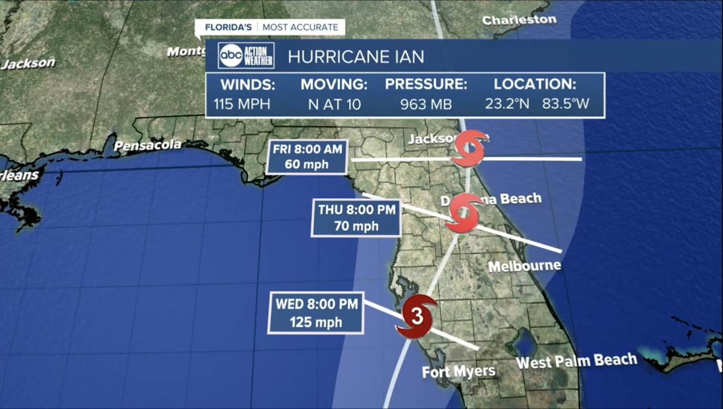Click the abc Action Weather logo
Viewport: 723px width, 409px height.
pos(246,55)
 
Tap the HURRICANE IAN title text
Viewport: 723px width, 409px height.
pos(355,57)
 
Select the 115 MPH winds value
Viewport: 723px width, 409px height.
pos(242,104)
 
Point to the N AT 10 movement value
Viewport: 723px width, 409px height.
pos(334,104)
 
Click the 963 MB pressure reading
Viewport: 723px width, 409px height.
pos(426,104)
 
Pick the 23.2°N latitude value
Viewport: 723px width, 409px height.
pos(507,104)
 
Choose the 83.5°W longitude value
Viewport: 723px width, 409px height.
pos(565,104)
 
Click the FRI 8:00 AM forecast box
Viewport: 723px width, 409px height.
pos(307,157)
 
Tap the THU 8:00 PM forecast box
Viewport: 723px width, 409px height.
pos(356,218)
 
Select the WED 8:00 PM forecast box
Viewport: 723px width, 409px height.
pos(315,313)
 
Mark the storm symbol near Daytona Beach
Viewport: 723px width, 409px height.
pos(463,213)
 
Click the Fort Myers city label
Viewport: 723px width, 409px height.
pos(459,372)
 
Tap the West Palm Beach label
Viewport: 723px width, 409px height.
pos(576,361)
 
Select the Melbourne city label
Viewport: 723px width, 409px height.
pos(524,266)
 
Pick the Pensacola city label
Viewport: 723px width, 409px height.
pos(148,145)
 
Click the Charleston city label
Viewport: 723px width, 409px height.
pos(519,20)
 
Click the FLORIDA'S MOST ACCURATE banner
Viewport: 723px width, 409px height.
pos(270,27)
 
